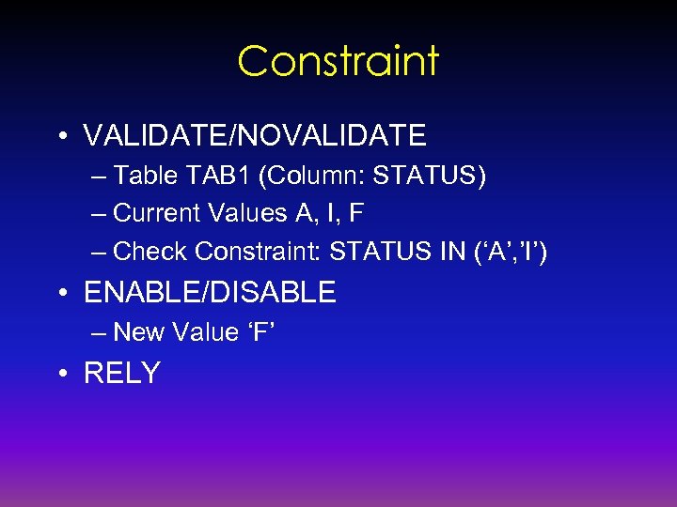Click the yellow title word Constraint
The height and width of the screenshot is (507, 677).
tap(338, 61)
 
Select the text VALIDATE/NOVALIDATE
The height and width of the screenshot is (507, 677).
tap(255, 136)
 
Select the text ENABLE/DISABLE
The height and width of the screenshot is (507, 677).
tap(210, 293)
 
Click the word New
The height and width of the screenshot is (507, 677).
tap(136, 332)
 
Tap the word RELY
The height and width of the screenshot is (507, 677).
tap(122, 374)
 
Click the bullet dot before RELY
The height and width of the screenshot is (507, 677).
tap(61, 374)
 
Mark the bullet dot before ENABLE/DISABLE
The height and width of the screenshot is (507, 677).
tap(61, 293)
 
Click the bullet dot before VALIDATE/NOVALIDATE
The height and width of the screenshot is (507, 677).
tap(61, 136)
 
